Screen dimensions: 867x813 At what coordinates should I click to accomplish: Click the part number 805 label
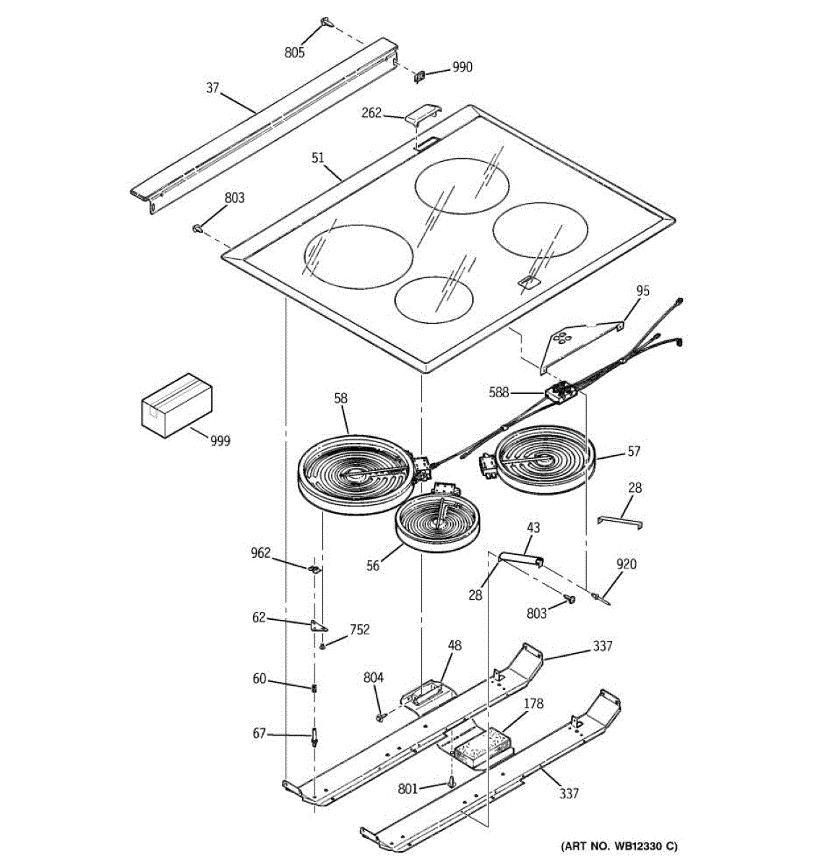[294, 52]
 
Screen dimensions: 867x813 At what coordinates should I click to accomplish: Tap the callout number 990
[462, 67]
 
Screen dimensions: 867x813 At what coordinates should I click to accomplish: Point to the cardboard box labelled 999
[176, 405]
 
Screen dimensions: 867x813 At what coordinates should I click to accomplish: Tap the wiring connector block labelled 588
[563, 392]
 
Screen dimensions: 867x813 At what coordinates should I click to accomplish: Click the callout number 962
[260, 553]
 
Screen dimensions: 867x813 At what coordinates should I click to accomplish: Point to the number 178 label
[533, 704]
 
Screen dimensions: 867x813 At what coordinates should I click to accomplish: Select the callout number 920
[626, 564]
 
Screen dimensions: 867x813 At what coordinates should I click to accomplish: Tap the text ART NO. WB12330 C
[620, 846]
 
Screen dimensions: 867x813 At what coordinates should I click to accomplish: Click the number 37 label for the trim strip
[212, 88]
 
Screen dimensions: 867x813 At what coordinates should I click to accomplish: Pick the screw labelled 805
[326, 22]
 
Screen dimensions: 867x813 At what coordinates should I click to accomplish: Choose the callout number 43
[533, 528]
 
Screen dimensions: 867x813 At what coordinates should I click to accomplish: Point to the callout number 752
[359, 629]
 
